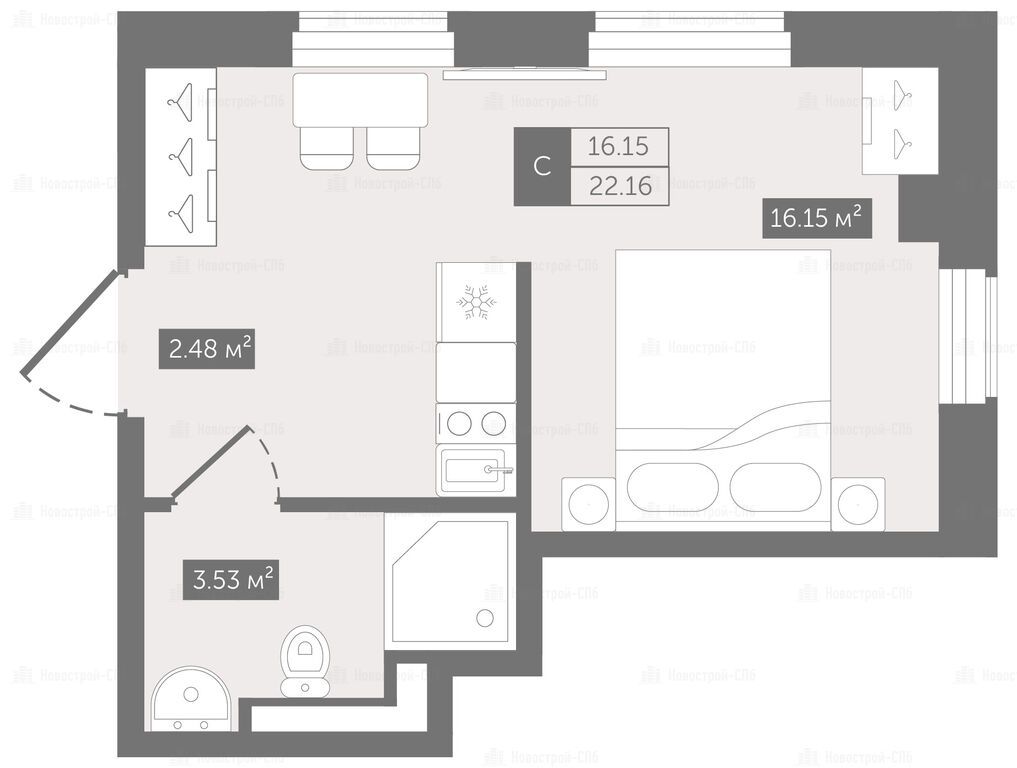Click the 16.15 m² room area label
click(816, 217)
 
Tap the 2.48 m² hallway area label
click(207, 349)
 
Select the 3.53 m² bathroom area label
click(231, 579)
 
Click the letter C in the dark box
click(542, 167)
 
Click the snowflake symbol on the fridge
click(476, 302)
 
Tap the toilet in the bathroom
click(305, 661)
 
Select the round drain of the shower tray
click(485, 618)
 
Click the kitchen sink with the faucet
click(476, 470)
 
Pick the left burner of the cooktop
click(459, 424)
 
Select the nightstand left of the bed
click(588, 504)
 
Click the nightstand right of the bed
click(857, 504)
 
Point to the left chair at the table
click(327, 149)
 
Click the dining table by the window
click(360, 100)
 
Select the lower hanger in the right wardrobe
click(902, 144)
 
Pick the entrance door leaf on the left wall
click(71, 324)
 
